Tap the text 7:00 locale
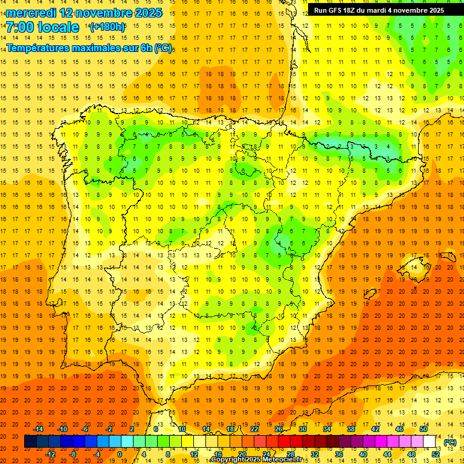pos(42,27)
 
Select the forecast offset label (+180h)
pos(108,27)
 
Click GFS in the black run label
pos(339,10)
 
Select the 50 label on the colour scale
pos(423,428)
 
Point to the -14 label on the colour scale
pos(38,428)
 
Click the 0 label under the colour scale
pos(120,454)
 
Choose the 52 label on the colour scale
pos(436,454)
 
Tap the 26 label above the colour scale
pos(279,428)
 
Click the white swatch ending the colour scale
pos(430,442)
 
